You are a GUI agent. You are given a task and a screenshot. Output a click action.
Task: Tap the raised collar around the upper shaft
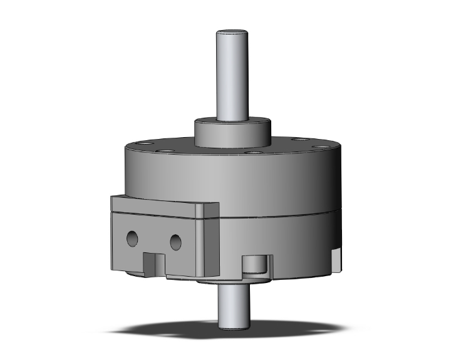[233, 131]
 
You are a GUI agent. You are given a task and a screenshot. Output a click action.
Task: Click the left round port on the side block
[133, 237]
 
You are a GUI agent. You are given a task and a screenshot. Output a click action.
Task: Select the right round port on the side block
[176, 240]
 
